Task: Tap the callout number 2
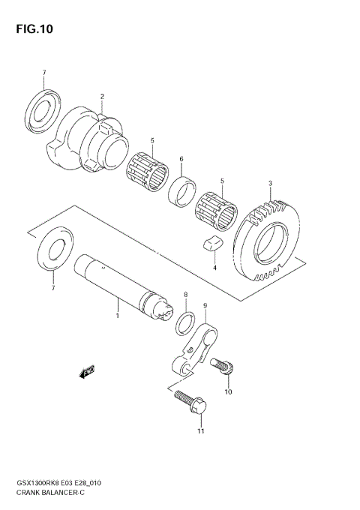coord(102,97)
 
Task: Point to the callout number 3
coord(270,184)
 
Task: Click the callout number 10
coord(229,391)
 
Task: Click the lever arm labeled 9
coord(196,346)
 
